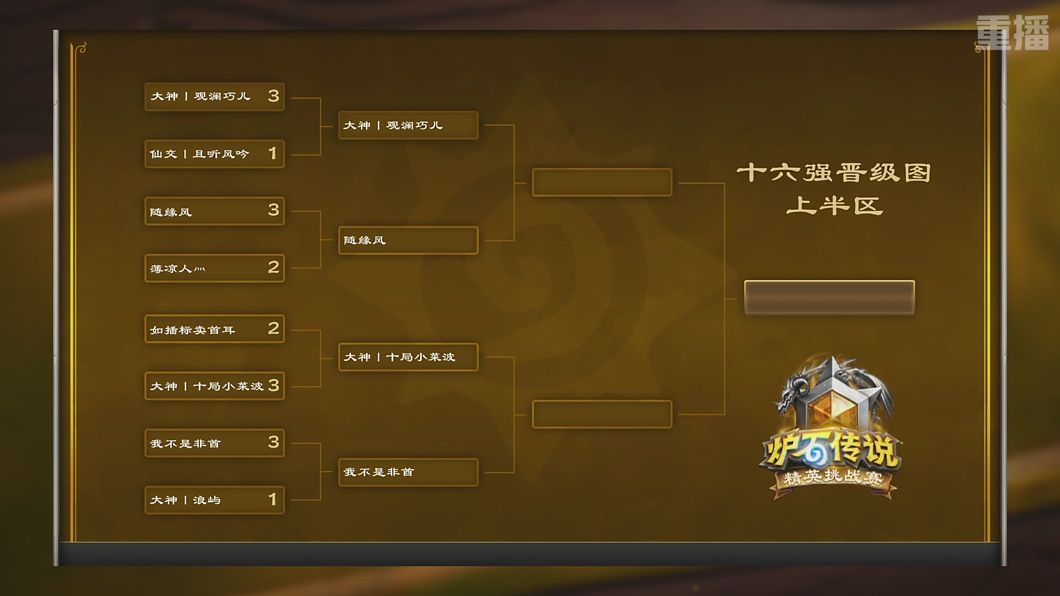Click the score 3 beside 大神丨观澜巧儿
273,96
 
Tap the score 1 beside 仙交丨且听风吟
273,153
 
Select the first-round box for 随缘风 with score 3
215,211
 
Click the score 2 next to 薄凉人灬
273,268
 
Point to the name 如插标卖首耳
193,330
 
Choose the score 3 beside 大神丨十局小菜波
273,385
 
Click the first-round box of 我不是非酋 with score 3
215,443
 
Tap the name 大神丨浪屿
185,500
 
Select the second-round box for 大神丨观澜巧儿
409,125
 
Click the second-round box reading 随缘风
409,240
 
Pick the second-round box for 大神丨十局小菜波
409,357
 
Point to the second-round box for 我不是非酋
409,472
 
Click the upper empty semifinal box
602,182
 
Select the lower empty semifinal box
602,414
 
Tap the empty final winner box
829,297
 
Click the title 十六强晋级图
834,173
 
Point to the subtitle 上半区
834,206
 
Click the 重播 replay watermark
1013,33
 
